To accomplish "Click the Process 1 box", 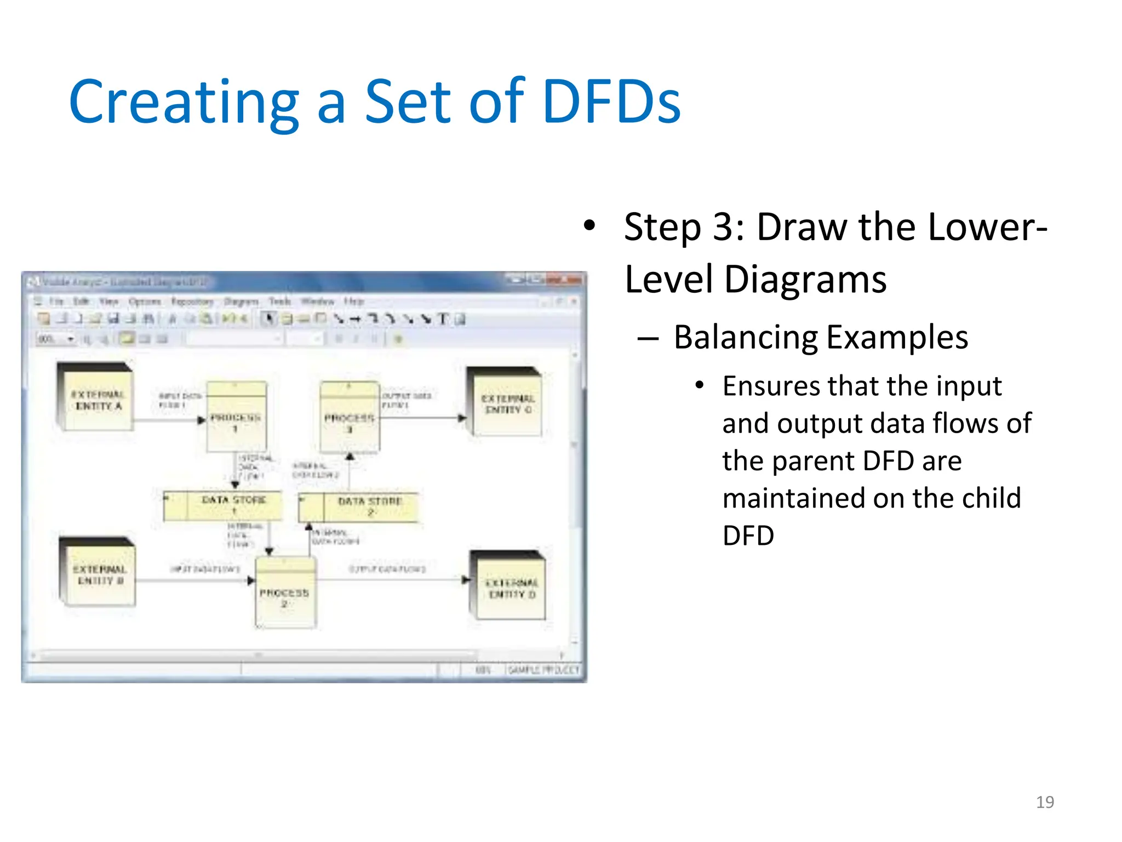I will point(236,419).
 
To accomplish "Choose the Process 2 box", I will point(285,595).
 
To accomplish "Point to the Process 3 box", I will point(350,419).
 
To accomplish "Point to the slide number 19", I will point(1045,802).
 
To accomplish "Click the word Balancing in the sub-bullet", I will point(746,338).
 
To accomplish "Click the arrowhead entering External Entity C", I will point(462,418).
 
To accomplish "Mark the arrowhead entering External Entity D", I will point(466,580).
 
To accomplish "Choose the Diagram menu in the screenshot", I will point(241,301).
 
